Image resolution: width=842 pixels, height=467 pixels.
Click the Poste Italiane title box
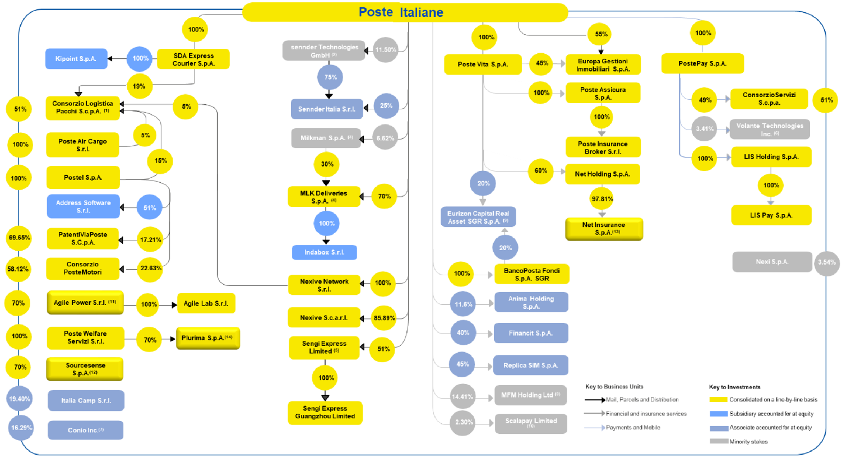click(405, 12)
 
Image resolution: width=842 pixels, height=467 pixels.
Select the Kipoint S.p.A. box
click(76, 59)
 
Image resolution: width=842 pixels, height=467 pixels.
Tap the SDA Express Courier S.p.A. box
click(193, 59)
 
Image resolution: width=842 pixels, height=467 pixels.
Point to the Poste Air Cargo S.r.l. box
click(82, 145)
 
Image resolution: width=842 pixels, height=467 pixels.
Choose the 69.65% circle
click(19, 238)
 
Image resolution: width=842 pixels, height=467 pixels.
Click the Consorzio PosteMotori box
click(82, 269)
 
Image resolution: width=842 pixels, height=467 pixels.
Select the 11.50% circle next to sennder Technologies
click(386, 50)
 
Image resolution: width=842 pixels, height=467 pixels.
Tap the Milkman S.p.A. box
click(326, 138)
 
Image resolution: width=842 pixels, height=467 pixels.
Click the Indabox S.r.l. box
click(324, 252)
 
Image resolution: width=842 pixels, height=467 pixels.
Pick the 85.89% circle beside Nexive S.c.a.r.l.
click(384, 318)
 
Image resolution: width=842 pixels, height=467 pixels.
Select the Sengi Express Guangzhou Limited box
click(325, 413)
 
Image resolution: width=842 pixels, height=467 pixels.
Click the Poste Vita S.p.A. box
click(483, 64)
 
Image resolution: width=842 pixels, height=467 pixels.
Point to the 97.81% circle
click(602, 198)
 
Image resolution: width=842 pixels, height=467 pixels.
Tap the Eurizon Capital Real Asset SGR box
click(478, 217)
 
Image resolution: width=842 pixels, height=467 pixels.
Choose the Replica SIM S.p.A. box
click(531, 366)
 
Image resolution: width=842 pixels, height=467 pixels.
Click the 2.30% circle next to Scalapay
click(463, 423)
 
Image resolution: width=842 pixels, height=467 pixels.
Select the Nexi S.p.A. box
click(771, 262)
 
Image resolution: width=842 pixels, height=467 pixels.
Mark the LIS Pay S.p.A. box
click(771, 215)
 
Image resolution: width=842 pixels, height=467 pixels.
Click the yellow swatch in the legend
click(718, 400)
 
